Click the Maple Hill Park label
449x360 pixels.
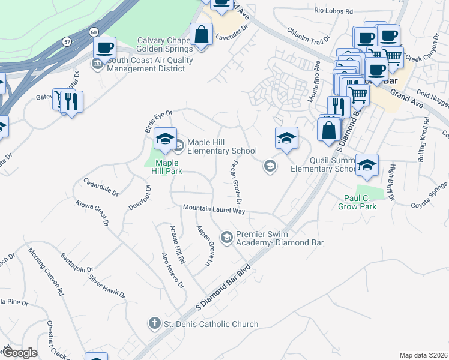click(169, 166)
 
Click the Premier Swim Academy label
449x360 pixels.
click(280, 238)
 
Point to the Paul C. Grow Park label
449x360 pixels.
click(360, 202)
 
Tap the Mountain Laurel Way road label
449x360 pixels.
click(214, 209)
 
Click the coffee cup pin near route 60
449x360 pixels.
click(104, 47)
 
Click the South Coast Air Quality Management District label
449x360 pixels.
click(150, 64)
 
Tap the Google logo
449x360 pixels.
click(20, 353)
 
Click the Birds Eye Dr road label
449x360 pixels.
click(158, 121)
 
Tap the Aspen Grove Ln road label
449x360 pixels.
click(205, 245)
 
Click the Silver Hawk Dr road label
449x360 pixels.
click(107, 286)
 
